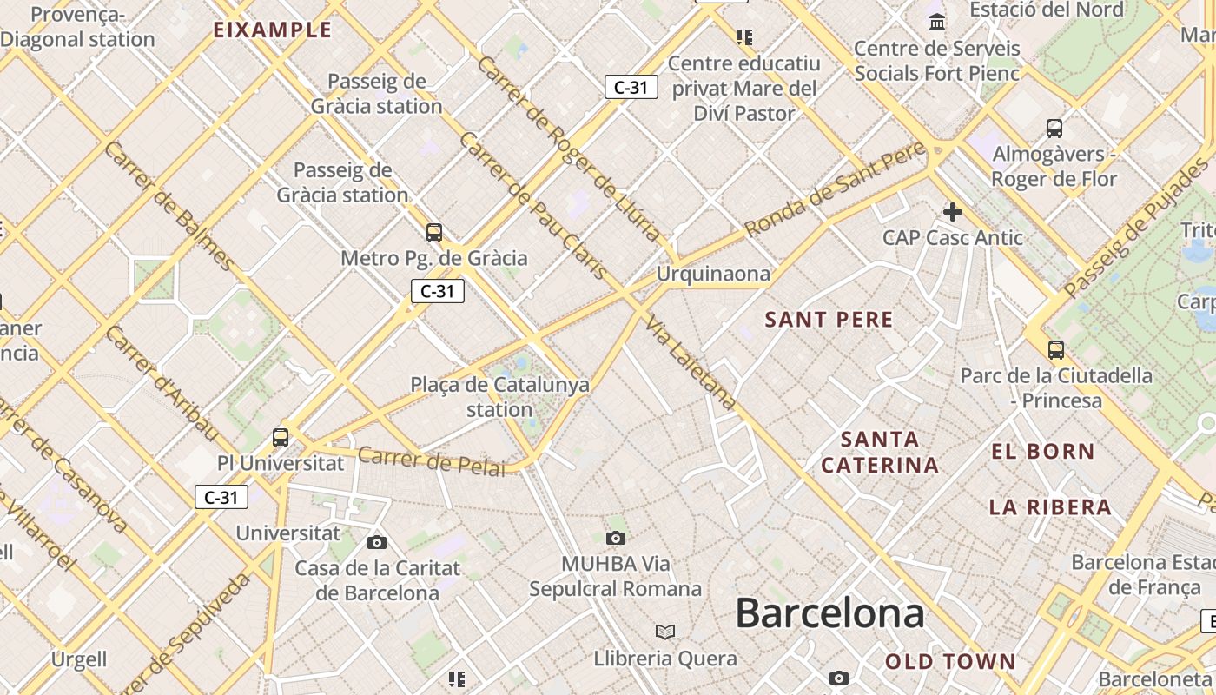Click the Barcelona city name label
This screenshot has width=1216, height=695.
pos(829,613)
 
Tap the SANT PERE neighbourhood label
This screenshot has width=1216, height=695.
pos(829,320)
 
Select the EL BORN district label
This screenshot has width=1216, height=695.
pos(1043,451)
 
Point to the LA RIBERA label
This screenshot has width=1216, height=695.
pos(1050,506)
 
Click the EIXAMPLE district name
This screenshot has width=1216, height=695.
pos(273,30)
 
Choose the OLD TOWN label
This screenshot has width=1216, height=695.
pos(950,661)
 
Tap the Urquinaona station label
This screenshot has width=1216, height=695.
pos(713,275)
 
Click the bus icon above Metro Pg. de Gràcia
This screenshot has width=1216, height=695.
pos(434,232)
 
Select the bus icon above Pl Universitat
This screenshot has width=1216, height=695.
pos(281,437)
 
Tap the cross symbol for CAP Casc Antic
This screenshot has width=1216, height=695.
pos(953,211)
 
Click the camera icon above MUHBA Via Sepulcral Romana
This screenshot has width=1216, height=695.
pos(616,539)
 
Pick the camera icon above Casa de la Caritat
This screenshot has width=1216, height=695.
pos(377,543)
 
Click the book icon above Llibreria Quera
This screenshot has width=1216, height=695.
pos(665,632)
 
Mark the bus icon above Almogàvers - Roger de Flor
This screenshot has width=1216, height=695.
pos(1054,129)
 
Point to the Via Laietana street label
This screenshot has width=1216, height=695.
pos(691,362)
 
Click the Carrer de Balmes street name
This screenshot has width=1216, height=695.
pos(169,206)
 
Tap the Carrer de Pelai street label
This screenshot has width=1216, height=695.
pos(431,461)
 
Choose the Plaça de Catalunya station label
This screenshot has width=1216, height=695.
pos(499,396)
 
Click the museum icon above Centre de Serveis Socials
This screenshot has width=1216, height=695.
pos(937,22)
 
